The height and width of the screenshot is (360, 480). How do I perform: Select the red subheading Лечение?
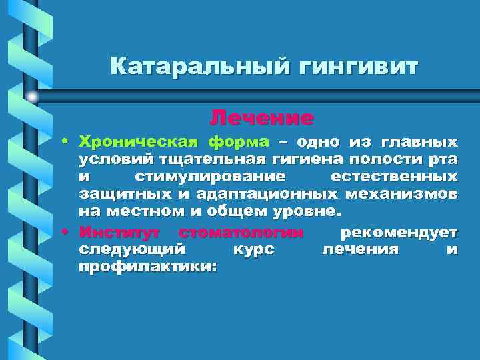[x=261, y=118]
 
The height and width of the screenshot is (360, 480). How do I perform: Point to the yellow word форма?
[x=238, y=142]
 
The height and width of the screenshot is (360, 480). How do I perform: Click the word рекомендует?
[x=399, y=232]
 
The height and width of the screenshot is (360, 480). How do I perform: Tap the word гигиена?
[x=299, y=159]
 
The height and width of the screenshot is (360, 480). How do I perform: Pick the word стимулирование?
[x=210, y=177]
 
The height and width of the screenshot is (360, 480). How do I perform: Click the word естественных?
[x=394, y=177]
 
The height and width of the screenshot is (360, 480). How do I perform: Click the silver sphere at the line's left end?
[x=32, y=96]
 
